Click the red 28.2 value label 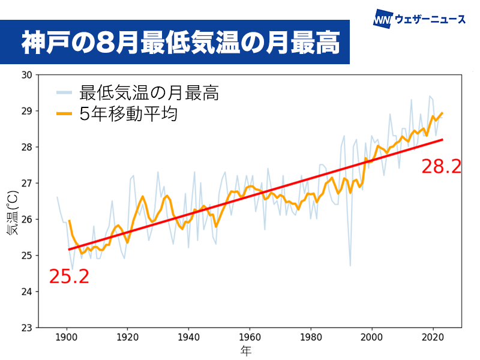[x=441, y=166]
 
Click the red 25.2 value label [x=68, y=277]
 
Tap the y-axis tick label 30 [x=26, y=75]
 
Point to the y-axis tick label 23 [x=26, y=328]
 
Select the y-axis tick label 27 [x=26, y=183]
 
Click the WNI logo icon [x=383, y=19]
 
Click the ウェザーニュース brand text [x=430, y=19]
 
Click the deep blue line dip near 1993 [x=350, y=265]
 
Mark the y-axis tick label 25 [x=26, y=256]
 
